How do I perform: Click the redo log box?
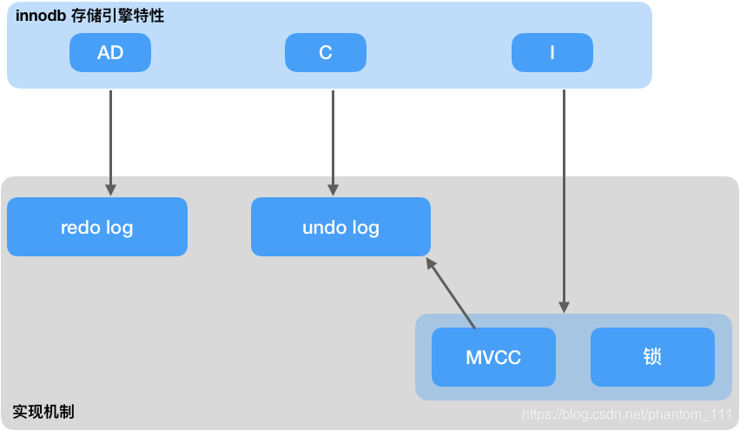96,228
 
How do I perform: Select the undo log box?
340,228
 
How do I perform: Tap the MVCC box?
493,357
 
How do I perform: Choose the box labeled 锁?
652,357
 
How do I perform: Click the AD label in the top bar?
110,53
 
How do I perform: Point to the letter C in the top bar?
326,53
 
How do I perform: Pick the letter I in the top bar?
552,53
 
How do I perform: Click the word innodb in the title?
41,16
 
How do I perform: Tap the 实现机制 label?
43,411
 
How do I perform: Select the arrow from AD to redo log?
110,139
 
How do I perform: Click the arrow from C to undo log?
333,139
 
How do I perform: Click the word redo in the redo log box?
81,228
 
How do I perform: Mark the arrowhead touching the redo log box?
110,189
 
